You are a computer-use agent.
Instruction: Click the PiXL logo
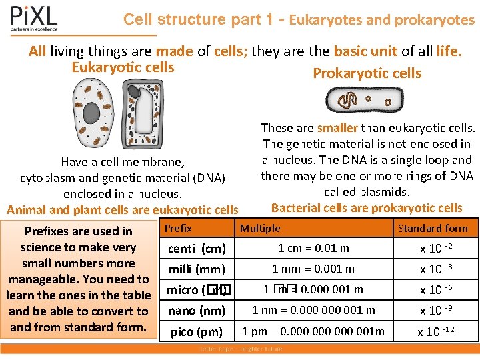click(33, 19)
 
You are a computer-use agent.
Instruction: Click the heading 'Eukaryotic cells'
click(123, 67)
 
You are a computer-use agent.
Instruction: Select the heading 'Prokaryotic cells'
click(367, 73)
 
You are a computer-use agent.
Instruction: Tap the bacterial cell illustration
click(364, 101)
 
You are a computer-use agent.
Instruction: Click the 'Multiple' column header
click(260, 228)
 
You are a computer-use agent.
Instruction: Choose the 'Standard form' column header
click(433, 228)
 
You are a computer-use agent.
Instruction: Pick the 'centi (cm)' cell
click(197, 249)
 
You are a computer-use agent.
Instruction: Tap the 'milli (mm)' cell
click(197, 269)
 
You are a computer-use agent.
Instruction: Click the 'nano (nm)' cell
click(197, 311)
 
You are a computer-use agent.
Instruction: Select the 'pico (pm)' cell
click(197, 331)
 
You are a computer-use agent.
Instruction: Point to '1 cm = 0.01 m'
click(313, 248)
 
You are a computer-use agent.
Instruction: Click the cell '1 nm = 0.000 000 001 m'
click(313, 310)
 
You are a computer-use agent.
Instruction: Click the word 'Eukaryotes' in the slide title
click(325, 20)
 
